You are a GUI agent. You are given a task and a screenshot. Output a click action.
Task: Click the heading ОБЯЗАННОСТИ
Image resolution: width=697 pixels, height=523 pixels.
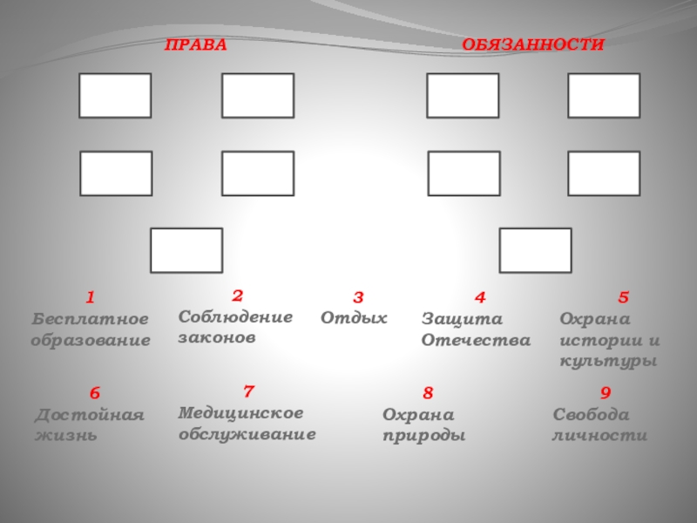[532, 44]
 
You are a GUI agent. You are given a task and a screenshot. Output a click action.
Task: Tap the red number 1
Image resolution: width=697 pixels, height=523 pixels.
[89, 299]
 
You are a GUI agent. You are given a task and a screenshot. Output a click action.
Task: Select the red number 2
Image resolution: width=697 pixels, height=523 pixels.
[237, 295]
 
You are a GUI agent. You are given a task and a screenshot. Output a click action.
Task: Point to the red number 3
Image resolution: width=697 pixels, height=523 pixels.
[357, 299]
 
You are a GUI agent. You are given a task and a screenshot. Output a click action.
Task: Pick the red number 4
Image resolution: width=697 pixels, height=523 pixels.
[479, 299]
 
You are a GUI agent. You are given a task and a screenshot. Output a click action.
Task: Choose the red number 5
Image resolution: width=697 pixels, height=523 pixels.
[623, 299]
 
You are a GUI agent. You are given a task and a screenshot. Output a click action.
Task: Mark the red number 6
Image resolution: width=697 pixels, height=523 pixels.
[95, 394]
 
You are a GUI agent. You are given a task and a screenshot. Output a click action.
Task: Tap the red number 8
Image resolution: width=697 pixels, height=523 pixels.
[428, 394]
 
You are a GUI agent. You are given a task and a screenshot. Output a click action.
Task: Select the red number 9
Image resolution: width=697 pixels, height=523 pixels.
[606, 394]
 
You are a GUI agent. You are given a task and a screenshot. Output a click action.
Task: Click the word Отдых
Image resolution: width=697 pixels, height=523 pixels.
[354, 318]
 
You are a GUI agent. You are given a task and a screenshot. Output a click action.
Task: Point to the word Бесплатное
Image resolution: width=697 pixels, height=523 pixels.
[90, 320]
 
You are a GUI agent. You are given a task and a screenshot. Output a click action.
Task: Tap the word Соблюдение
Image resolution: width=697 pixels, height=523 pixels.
[235, 316]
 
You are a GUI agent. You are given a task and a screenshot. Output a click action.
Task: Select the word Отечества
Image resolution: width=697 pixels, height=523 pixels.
[476, 340]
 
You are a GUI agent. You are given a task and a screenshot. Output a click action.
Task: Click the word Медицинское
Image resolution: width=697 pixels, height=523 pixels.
[241, 411]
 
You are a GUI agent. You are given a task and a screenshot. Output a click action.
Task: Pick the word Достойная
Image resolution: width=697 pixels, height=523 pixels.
[90, 415]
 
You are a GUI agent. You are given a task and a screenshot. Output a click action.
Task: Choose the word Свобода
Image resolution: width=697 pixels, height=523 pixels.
[591, 415]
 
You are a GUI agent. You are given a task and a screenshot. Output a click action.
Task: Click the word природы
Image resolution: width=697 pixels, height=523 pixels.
[424, 436]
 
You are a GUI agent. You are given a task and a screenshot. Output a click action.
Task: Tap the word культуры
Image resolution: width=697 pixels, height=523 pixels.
[608, 361]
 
